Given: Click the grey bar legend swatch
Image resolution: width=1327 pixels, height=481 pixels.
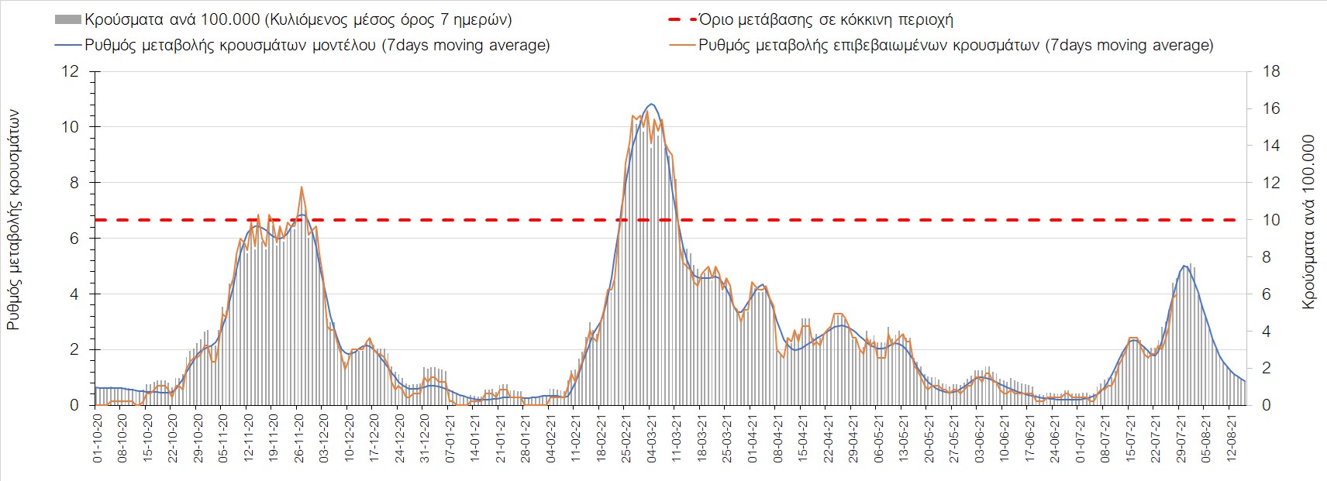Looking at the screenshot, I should pos(68,20).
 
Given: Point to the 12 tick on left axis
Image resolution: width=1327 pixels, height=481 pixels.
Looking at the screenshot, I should pos(71,71).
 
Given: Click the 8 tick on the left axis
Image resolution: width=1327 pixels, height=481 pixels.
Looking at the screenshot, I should pos(74,183).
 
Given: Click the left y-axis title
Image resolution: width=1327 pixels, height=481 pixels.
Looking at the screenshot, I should pos(13,219).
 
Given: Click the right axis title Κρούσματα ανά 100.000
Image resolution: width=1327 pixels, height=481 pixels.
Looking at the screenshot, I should pos(1308,222).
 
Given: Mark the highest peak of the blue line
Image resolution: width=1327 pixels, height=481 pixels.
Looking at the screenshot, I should pos(651,104).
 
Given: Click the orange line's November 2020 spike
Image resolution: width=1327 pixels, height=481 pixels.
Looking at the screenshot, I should pos(301,187).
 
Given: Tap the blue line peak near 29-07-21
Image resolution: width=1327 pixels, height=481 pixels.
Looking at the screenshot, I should pos(1184,266).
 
